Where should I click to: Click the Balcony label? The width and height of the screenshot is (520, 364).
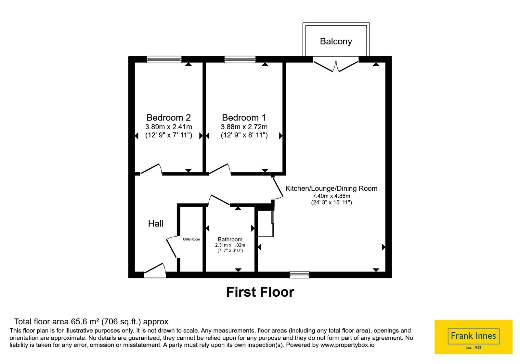(x=336, y=41)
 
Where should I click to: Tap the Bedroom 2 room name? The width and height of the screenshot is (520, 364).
(x=169, y=117)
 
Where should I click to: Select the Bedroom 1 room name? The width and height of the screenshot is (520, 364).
(x=244, y=117)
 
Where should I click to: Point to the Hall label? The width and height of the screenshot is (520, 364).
(x=156, y=223)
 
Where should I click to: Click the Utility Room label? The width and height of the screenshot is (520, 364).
(x=191, y=239)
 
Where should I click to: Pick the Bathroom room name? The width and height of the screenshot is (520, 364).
(x=230, y=239)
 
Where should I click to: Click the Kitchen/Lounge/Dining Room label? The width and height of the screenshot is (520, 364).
(x=331, y=188)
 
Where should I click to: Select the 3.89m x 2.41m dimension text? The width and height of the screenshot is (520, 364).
(x=169, y=127)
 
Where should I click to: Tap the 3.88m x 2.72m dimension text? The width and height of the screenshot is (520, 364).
(x=244, y=127)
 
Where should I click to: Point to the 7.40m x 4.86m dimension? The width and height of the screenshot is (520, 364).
(x=331, y=196)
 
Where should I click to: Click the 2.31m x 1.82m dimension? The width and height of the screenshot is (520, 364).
(x=230, y=245)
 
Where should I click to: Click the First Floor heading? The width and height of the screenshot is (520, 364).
(x=260, y=292)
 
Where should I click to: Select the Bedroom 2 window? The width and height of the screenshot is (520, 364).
(x=164, y=59)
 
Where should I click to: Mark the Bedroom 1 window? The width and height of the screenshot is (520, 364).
(x=240, y=59)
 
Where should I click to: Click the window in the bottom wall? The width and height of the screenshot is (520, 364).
(x=299, y=275)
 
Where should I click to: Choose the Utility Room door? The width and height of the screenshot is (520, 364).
(x=172, y=247)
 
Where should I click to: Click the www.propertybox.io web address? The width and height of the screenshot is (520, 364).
(x=347, y=345)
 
